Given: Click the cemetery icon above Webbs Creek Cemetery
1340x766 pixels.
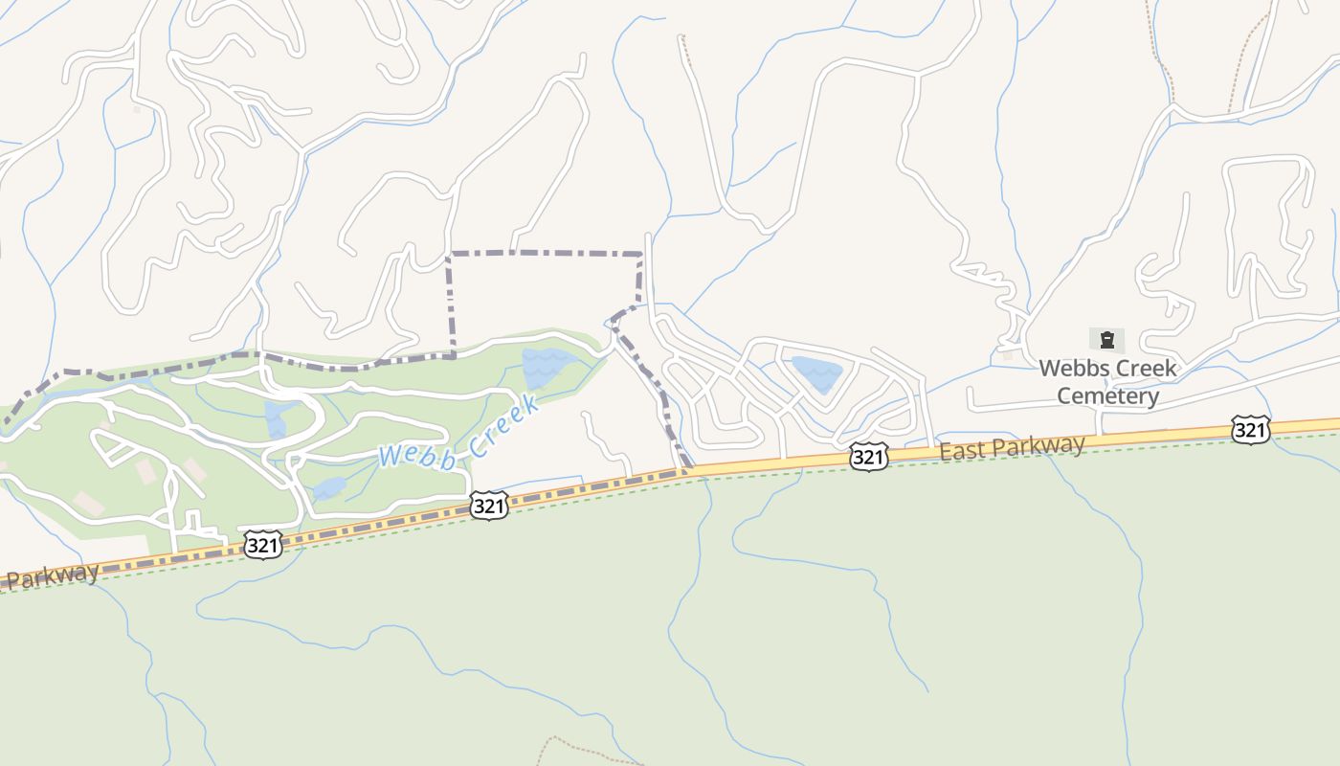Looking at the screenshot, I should [x=1107, y=340].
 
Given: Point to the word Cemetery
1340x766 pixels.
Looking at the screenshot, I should [x=1107, y=395].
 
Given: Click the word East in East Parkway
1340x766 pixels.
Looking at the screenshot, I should [x=963, y=451].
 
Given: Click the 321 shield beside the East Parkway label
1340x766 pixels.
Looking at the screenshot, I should [x=868, y=458].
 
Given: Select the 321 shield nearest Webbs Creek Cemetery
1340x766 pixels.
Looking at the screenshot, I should [x=1251, y=431].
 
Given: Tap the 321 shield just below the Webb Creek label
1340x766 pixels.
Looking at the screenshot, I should [x=488, y=507].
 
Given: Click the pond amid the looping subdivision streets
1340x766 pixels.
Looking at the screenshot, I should [x=815, y=372].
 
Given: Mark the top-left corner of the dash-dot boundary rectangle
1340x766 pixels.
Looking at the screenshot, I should [x=450, y=254].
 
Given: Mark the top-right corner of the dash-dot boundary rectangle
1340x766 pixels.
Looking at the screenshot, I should [x=640, y=255].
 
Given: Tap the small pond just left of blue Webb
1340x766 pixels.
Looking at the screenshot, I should [x=329, y=488].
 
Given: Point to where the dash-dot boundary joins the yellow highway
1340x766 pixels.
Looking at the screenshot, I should [x=687, y=470].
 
